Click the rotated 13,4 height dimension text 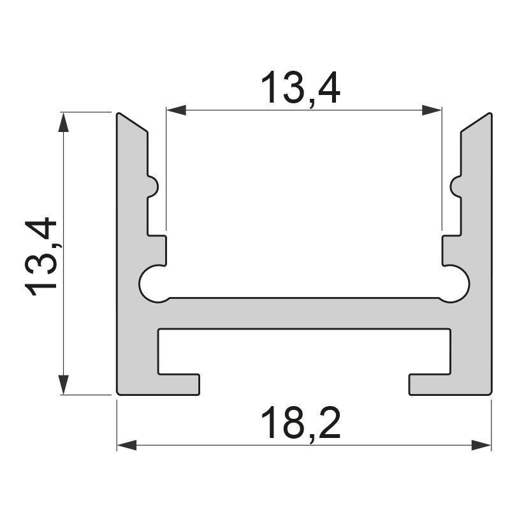(x=41, y=257)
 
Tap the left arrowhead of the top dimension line (x=177, y=110)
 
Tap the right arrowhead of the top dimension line (x=432, y=110)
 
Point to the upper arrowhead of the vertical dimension (x=63, y=122)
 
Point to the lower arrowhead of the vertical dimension (x=63, y=384)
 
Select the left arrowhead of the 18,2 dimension (x=127, y=445)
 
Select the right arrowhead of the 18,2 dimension (x=481, y=445)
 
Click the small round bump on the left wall (x=153, y=187)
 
